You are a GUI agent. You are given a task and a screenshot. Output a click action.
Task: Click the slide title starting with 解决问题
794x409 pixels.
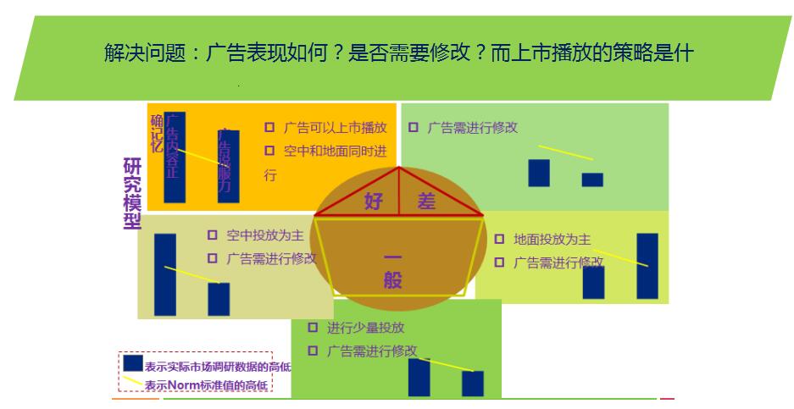[x=398, y=53]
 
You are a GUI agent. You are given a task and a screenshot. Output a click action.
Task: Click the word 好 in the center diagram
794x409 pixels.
[x=374, y=202]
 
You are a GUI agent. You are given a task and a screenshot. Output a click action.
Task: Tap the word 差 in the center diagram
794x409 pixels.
[x=426, y=202]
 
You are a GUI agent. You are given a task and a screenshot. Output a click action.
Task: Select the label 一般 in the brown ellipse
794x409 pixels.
[x=392, y=269]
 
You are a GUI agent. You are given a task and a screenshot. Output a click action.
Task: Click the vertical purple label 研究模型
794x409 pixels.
[x=132, y=193]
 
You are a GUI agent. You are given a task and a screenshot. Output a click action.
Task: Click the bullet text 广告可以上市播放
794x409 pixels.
[x=335, y=128]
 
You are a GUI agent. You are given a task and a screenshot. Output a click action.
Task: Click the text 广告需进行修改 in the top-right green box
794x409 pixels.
[x=472, y=128]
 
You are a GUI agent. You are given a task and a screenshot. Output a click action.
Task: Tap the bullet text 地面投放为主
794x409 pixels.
[x=552, y=239]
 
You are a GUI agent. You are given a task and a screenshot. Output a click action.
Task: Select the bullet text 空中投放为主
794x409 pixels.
[x=265, y=235]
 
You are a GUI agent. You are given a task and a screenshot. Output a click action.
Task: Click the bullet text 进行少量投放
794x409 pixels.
[x=366, y=327]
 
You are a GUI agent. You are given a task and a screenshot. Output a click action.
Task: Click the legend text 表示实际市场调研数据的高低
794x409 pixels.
[x=218, y=367]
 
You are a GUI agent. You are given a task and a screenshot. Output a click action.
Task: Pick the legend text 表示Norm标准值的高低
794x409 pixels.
[x=206, y=386]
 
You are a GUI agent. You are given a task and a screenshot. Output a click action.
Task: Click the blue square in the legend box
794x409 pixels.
[x=133, y=362]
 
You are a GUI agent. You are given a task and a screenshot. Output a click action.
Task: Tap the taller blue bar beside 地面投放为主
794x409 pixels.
[x=647, y=266]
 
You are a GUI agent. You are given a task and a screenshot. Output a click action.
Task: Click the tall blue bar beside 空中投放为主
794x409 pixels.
[x=165, y=274]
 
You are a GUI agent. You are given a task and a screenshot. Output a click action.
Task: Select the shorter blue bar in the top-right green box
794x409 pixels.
[x=592, y=180]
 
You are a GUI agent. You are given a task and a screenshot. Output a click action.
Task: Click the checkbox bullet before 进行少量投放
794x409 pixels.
[x=313, y=327]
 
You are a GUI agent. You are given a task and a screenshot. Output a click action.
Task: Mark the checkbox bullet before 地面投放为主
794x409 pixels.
[x=499, y=239]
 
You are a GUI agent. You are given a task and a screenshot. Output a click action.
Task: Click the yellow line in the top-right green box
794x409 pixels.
[x=566, y=152]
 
